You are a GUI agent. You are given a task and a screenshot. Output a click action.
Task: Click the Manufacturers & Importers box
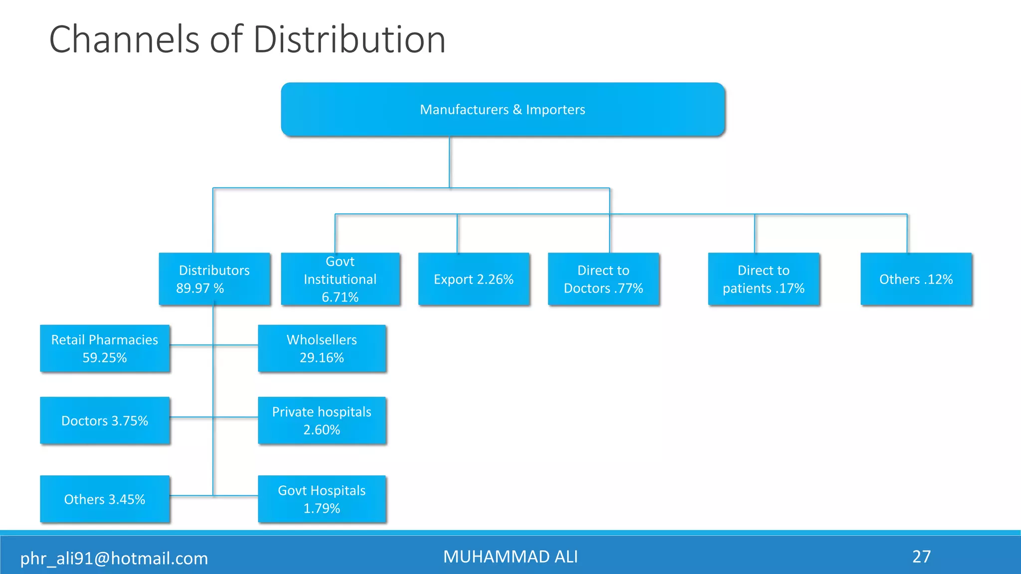503,110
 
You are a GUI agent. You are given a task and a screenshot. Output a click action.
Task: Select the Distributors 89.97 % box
214,279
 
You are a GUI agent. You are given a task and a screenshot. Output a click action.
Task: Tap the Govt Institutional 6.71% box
340,279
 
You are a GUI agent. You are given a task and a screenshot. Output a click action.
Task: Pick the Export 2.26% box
474,279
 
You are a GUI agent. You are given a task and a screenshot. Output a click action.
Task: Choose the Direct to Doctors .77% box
603,279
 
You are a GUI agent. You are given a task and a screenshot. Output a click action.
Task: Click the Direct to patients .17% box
764,279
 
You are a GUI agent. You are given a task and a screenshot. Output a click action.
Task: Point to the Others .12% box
916,279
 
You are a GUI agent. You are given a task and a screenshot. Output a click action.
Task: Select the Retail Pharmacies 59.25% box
105,348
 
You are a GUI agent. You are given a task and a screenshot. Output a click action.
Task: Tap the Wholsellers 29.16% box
322,348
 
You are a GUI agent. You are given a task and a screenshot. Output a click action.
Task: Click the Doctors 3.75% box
105,421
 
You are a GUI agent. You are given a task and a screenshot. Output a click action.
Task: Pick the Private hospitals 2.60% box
322,421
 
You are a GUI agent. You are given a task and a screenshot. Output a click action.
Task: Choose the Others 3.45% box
105,499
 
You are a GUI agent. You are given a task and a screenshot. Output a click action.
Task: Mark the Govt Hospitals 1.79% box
322,499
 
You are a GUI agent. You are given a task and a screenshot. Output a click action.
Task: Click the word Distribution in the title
349,39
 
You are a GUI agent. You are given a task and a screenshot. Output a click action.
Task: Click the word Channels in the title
125,39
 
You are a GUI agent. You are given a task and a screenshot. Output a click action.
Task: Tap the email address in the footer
114,558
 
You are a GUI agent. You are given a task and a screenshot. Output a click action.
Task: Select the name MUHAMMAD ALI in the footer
510,557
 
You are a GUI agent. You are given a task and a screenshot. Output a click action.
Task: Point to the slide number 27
922,557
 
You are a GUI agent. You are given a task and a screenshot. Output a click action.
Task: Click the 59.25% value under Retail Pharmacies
105,358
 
